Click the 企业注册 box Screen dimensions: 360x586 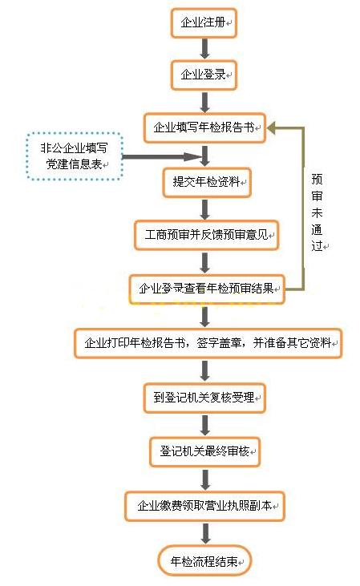pyautogui.click(x=204, y=23)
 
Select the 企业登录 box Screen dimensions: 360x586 pyautogui.click(x=204, y=75)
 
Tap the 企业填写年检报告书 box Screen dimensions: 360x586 pyautogui.click(x=205, y=127)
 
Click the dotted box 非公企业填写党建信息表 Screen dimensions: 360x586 pyautogui.click(x=75, y=156)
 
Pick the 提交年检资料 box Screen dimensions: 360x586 pyautogui.click(x=207, y=183)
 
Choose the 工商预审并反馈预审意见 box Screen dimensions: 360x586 pyautogui.click(x=207, y=235)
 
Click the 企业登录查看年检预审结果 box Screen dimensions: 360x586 pyautogui.click(x=207, y=289)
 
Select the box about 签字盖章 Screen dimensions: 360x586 pyautogui.click(x=208, y=343)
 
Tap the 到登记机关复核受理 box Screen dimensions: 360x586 pyautogui.click(x=204, y=398)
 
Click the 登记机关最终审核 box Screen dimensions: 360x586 pyautogui.click(x=205, y=452)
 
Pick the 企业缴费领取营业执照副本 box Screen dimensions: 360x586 pyautogui.click(x=205, y=506)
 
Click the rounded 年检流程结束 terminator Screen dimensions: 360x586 pyautogui.click(x=205, y=561)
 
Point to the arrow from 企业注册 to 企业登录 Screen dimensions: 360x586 pyautogui.click(x=204, y=49)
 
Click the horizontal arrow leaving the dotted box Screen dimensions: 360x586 pyautogui.click(x=160, y=157)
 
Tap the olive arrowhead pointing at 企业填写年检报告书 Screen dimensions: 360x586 pyautogui.click(x=271, y=128)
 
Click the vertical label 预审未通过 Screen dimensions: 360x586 pyautogui.click(x=318, y=212)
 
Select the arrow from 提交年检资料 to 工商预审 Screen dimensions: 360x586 pyautogui.click(x=205, y=209)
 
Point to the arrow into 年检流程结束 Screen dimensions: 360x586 pyautogui.click(x=205, y=533)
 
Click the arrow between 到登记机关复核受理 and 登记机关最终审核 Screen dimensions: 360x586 pyautogui.click(x=205, y=425)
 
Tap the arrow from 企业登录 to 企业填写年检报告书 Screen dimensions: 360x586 pyautogui.click(x=204, y=102)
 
